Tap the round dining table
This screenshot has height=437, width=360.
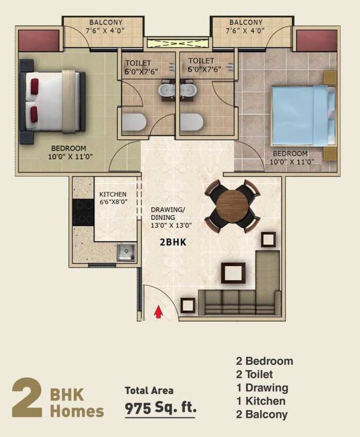232,206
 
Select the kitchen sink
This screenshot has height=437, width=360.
125,252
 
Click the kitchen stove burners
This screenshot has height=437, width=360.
83,213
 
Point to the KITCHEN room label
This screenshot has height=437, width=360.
113,195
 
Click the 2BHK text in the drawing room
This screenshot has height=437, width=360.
169,240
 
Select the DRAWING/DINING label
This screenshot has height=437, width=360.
167,214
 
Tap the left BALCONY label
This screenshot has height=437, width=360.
106,22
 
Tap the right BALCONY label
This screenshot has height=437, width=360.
246,22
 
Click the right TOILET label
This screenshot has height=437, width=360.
201,61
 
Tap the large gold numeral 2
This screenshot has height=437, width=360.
27,397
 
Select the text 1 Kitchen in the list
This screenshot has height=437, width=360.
261,401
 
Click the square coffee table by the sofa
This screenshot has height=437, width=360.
233,273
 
